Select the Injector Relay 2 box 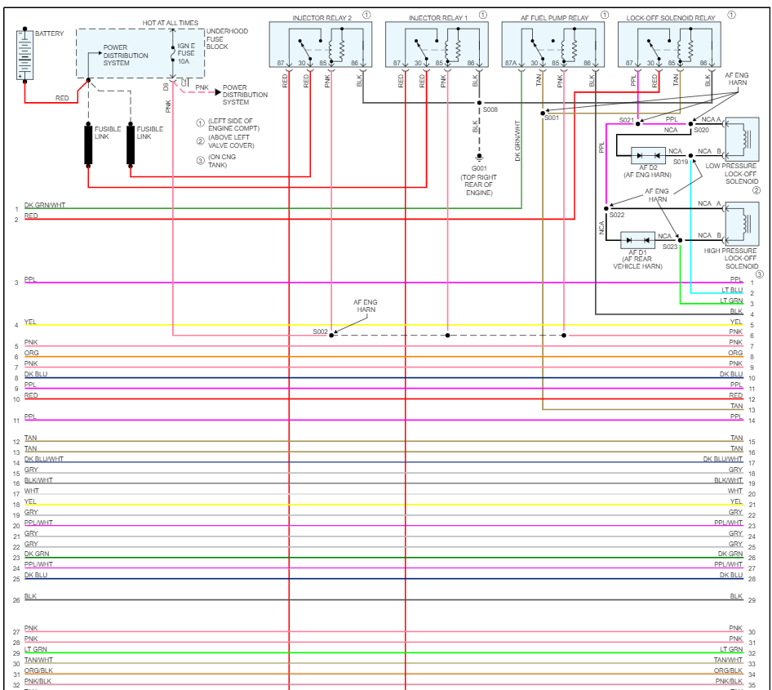(x=321, y=45)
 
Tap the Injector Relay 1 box (x=437, y=45)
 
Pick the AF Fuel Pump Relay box (x=553, y=45)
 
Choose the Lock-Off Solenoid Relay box (x=670, y=45)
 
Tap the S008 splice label (x=490, y=109)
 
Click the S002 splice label (x=320, y=332)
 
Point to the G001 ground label (x=479, y=168)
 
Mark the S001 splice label (x=552, y=118)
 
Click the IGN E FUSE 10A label (x=187, y=53)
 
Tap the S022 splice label (x=616, y=215)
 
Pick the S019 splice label (x=681, y=162)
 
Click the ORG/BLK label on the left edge (x=38, y=670)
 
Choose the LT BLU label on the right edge (x=732, y=290)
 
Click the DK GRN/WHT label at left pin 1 (x=45, y=205)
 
